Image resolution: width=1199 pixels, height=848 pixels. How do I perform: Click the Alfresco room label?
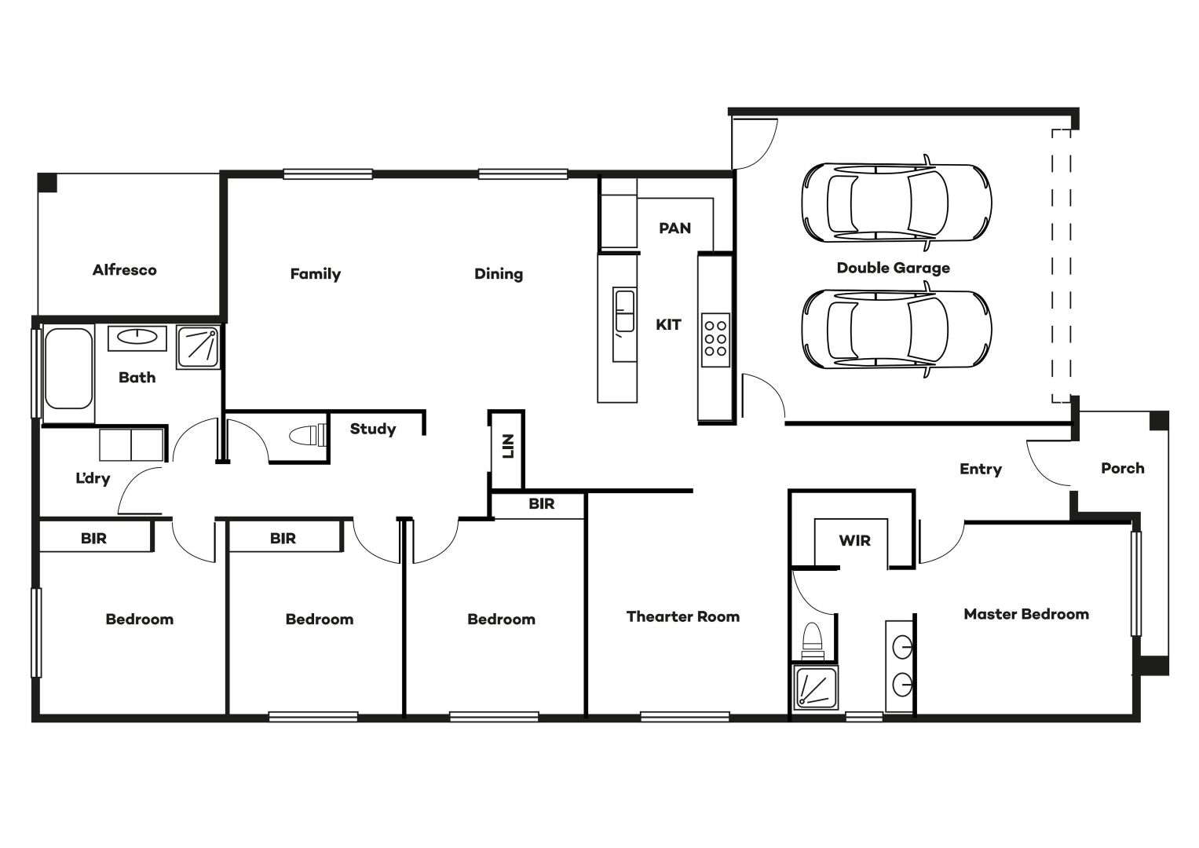click(x=125, y=270)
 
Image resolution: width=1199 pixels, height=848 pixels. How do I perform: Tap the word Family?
click(x=316, y=274)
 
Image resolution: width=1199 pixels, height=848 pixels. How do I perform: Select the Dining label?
click(x=499, y=274)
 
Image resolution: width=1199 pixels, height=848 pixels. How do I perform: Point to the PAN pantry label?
click(x=674, y=228)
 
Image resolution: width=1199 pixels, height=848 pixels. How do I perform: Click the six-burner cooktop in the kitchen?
click(x=715, y=339)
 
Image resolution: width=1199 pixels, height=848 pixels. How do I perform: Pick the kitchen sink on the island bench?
click(x=624, y=311)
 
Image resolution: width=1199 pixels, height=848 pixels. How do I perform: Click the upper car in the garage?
click(x=897, y=203)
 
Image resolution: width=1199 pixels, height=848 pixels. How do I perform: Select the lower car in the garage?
click(x=897, y=329)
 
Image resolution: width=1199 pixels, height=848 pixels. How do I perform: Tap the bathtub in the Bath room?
click(x=68, y=369)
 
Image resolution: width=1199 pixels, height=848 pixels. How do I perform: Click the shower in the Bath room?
click(x=198, y=347)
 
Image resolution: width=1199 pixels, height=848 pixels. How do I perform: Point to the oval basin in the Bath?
click(x=137, y=337)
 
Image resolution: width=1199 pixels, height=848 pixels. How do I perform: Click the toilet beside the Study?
click(x=308, y=435)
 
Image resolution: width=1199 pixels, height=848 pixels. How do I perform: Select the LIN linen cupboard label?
click(x=508, y=446)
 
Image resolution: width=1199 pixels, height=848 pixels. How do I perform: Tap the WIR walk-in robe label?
click(x=855, y=541)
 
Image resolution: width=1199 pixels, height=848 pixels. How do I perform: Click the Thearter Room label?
click(x=683, y=616)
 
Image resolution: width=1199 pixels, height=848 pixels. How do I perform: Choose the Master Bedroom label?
click(x=1026, y=614)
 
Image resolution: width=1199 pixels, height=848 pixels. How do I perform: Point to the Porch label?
click(x=1123, y=469)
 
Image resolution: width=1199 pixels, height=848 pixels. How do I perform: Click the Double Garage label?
click(x=894, y=269)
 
